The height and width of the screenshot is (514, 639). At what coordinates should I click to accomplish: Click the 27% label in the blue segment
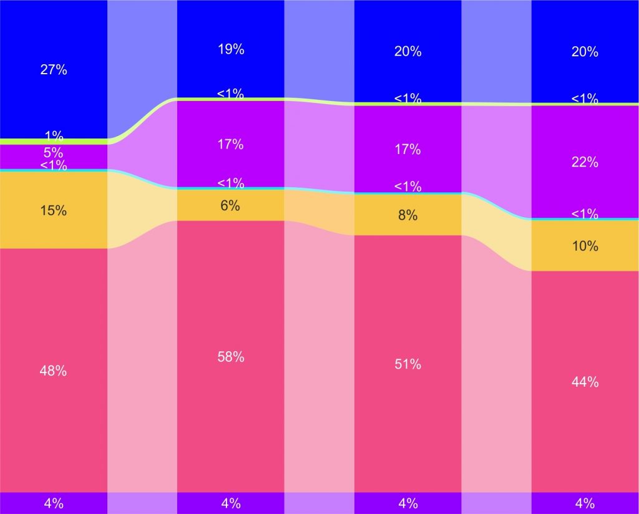tap(54, 70)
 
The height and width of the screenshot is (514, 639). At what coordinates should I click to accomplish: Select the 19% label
tap(231, 50)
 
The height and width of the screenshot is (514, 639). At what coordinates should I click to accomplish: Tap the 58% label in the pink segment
tap(231, 357)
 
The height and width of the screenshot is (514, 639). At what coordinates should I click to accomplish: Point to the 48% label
tap(54, 371)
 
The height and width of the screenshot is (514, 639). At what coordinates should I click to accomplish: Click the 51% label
tap(407, 364)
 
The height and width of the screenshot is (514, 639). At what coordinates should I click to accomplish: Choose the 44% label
tap(585, 382)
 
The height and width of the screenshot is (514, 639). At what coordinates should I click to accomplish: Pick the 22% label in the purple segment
tap(585, 162)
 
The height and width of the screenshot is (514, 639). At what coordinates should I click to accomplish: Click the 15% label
tap(54, 210)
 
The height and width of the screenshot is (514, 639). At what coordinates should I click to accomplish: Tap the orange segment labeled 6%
tap(231, 205)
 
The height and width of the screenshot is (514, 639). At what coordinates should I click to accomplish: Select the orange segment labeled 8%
tap(407, 215)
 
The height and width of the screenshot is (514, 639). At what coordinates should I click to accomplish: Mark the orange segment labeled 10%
tap(585, 246)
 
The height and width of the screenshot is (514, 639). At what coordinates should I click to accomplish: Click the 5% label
tap(54, 152)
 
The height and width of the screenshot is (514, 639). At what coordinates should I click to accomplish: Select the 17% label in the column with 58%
tap(231, 145)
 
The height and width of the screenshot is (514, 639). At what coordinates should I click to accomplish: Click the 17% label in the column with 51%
tap(407, 150)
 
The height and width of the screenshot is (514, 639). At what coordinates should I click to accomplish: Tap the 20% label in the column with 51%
tap(407, 52)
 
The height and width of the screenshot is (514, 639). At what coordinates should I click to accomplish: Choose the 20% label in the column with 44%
tap(585, 52)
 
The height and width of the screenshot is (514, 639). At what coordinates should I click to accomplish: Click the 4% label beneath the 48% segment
tap(54, 503)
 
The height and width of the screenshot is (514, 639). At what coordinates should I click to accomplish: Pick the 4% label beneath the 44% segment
tap(585, 503)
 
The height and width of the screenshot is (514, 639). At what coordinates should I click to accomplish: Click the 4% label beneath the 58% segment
tap(231, 503)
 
